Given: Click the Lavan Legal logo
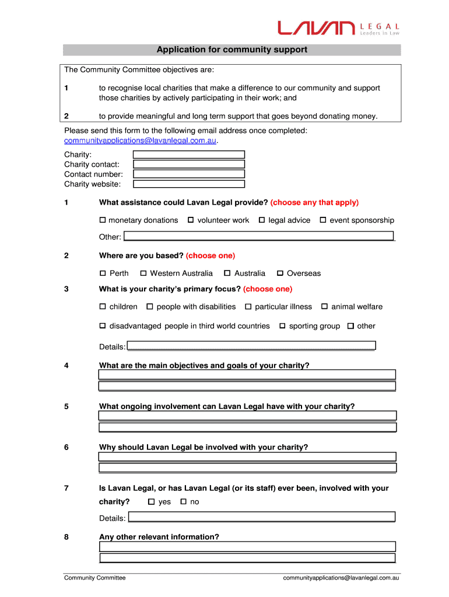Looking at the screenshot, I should (x=338, y=28).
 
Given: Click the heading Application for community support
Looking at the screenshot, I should (x=231, y=50).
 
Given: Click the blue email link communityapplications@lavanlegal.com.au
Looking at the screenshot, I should (x=140, y=141).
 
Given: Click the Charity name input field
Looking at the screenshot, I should (x=189, y=154).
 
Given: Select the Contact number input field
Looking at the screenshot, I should (x=189, y=174).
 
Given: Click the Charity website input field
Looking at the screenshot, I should (x=189, y=184).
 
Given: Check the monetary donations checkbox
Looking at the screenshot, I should (x=103, y=220).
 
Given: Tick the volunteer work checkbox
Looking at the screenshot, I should (x=191, y=220).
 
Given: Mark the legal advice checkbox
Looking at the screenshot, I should (x=262, y=220).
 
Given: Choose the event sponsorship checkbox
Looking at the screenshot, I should (x=323, y=220).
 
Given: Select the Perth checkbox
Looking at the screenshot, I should (x=103, y=273).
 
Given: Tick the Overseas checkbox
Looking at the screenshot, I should (x=280, y=273).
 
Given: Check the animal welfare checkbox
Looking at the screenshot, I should (x=325, y=307).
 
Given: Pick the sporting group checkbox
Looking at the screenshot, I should (x=282, y=326).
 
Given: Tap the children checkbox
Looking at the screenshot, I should (x=103, y=307).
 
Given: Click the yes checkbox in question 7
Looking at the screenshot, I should (x=152, y=502).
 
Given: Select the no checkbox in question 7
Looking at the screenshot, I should (x=183, y=502).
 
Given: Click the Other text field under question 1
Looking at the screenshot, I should (x=259, y=236).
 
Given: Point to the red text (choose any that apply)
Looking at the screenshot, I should (x=314, y=202).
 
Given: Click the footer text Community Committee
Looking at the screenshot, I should (x=94, y=578).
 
